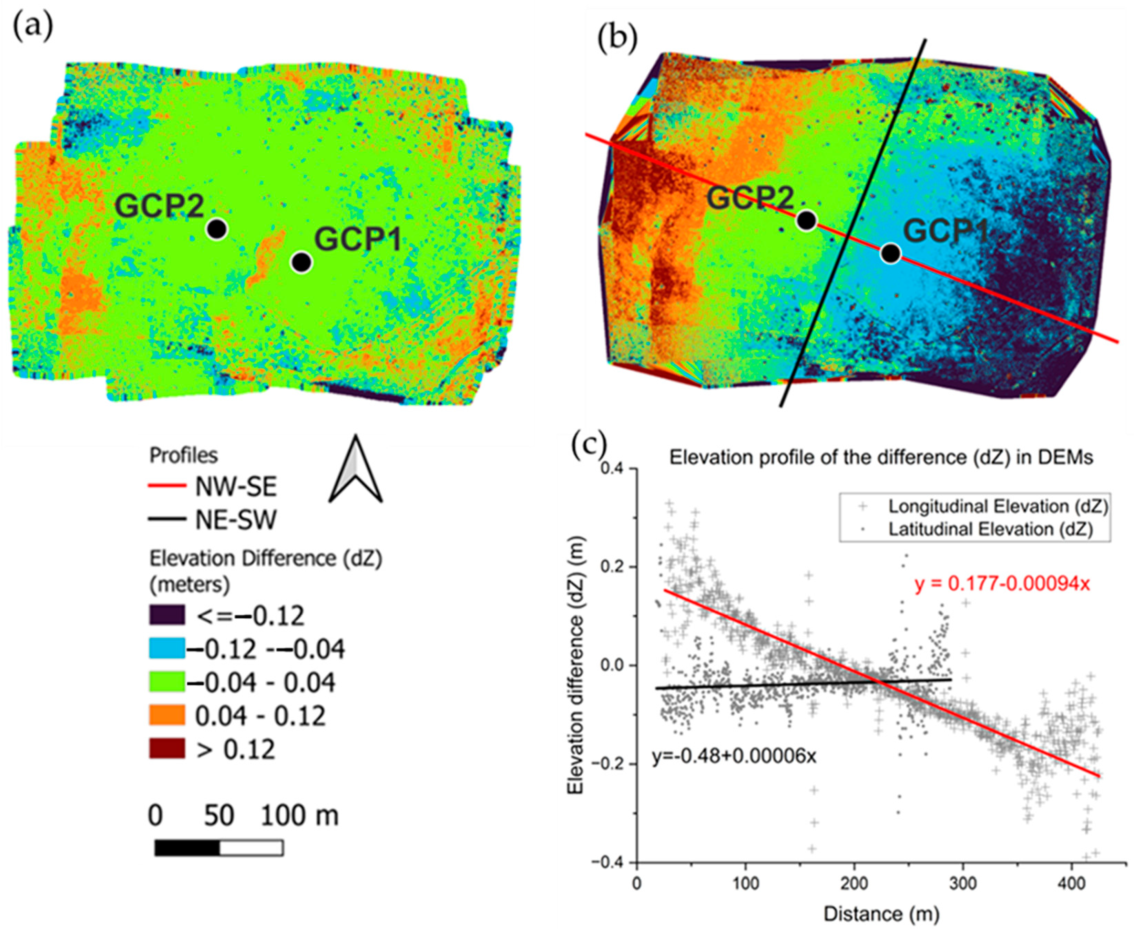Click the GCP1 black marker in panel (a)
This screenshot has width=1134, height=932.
pyautogui.click(x=302, y=262)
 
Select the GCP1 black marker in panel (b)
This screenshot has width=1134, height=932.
pyautogui.click(x=890, y=253)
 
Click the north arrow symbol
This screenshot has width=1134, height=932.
pyautogui.click(x=356, y=470)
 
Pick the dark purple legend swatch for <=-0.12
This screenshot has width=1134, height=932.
pyautogui.click(x=167, y=615)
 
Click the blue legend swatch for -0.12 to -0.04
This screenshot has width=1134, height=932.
pyautogui.click(x=167, y=649)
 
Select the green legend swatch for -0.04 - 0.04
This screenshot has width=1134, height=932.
pyautogui.click(x=167, y=682)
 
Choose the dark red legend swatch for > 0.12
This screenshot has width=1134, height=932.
pyautogui.click(x=167, y=748)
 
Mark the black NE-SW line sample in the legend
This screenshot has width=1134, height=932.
pyautogui.click(x=167, y=520)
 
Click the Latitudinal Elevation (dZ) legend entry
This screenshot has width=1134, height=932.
pyautogui.click(x=990, y=529)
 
